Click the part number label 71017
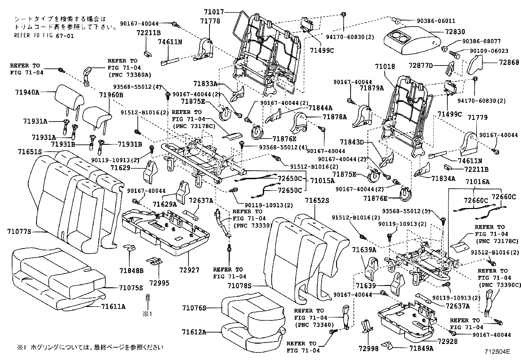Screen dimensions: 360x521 [x=214, y=12]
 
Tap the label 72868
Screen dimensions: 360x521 [x=509, y=62]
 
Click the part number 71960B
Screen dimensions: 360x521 [x=112, y=95]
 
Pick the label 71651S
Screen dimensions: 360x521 [x=30, y=152]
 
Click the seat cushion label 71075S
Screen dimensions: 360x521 [x=131, y=288]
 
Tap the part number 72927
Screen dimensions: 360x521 [x=189, y=270]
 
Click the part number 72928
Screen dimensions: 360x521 [x=447, y=342]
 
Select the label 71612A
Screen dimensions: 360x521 [x=194, y=332]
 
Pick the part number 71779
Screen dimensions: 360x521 [x=477, y=117]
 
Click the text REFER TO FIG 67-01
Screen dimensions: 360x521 [x=44, y=36]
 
